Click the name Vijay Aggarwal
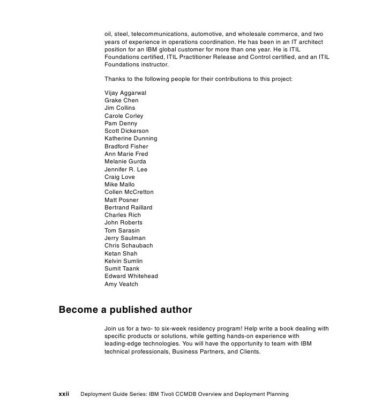tap(125, 93)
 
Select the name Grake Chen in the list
tap(121, 100)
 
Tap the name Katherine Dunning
tap(131, 138)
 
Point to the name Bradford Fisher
tap(126, 146)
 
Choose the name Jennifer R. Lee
tap(126, 169)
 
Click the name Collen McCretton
tap(129, 192)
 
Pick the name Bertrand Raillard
tap(128, 207)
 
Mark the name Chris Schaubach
tap(129, 245)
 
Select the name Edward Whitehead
tap(131, 276)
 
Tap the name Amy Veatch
tap(121, 284)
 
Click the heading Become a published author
tap(125, 310)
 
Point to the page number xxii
tap(64, 394)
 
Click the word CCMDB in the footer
tap(183, 394)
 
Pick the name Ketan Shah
tap(121, 253)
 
